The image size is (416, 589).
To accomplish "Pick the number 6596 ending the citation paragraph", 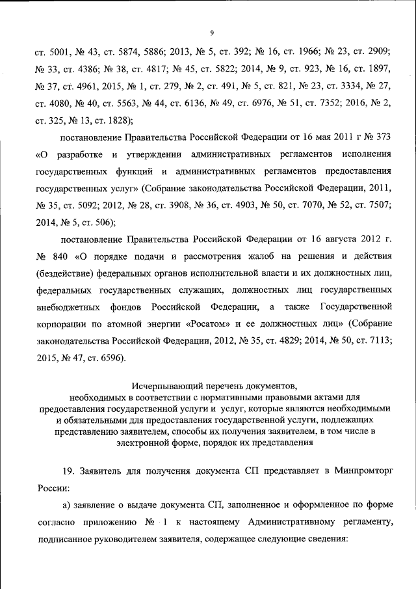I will click(109, 357).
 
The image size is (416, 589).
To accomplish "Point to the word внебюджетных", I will click(68, 306).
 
